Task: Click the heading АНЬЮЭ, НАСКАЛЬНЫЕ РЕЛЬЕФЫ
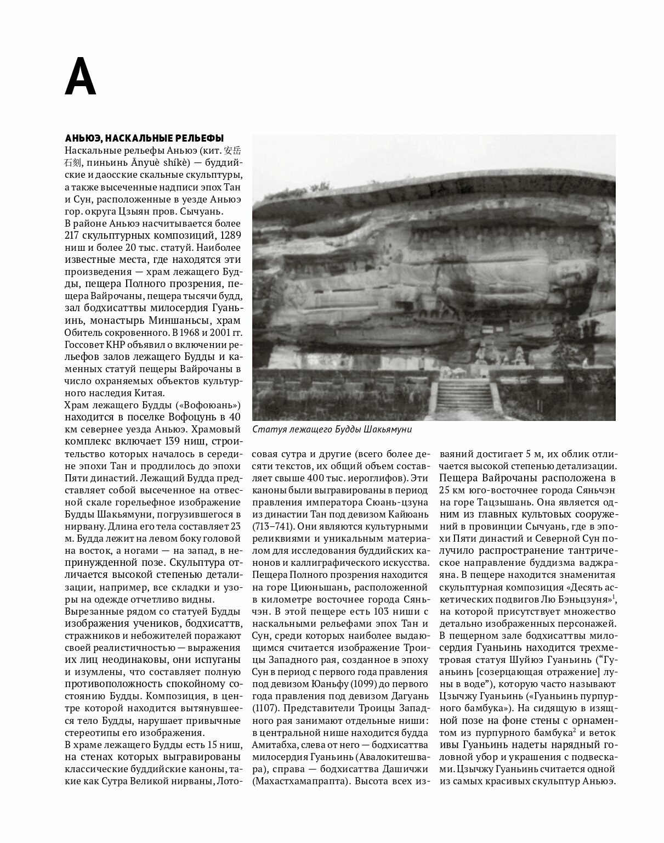click(x=144, y=137)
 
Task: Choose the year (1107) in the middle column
click(x=266, y=707)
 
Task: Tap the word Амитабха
click(x=278, y=744)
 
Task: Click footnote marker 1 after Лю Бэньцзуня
click(x=614, y=597)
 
